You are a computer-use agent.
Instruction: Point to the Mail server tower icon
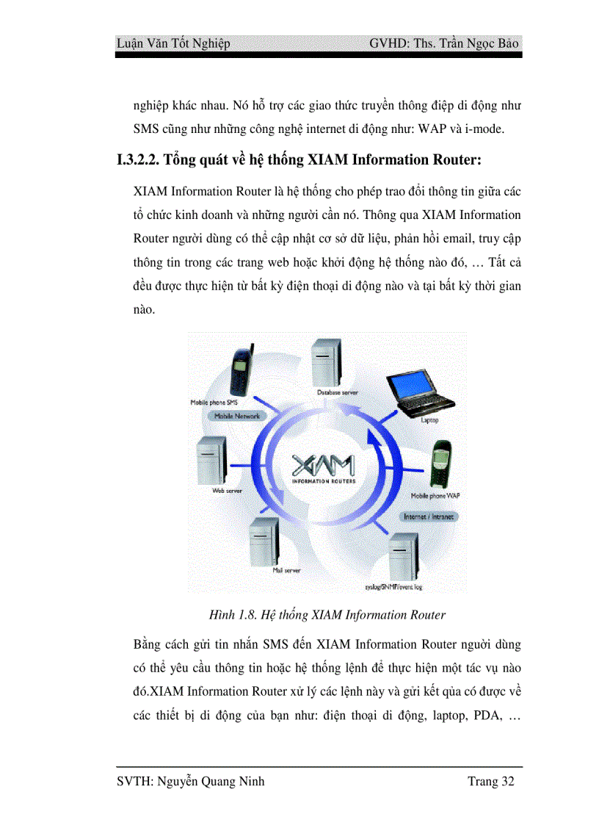pos(264,541)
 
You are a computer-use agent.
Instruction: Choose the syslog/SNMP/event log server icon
pos(402,557)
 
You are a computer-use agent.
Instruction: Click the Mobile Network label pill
pos(236,416)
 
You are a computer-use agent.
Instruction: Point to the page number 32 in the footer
pos(507,782)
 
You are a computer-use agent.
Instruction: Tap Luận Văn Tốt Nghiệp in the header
pos(173,43)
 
